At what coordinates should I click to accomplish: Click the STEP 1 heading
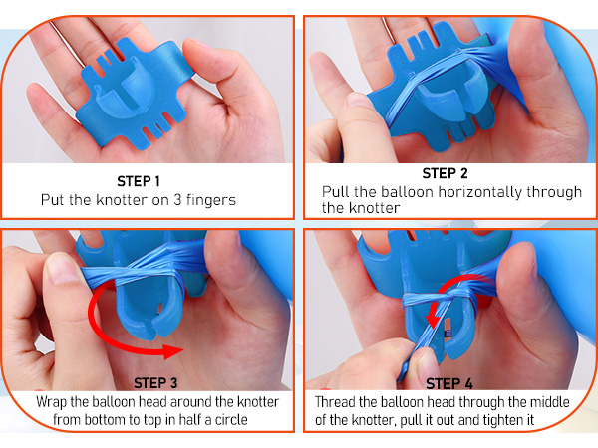(139, 181)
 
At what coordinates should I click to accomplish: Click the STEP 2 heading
(445, 173)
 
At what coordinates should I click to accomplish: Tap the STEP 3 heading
(155, 383)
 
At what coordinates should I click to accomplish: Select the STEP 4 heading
(448, 383)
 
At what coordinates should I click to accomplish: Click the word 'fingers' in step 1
(211, 200)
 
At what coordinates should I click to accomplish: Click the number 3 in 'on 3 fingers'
(177, 200)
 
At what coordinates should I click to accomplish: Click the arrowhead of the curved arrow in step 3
(173, 351)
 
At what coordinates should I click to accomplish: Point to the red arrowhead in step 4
(432, 320)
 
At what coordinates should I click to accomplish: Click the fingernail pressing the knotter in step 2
(359, 100)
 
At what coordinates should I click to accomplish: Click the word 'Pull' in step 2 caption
(336, 191)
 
